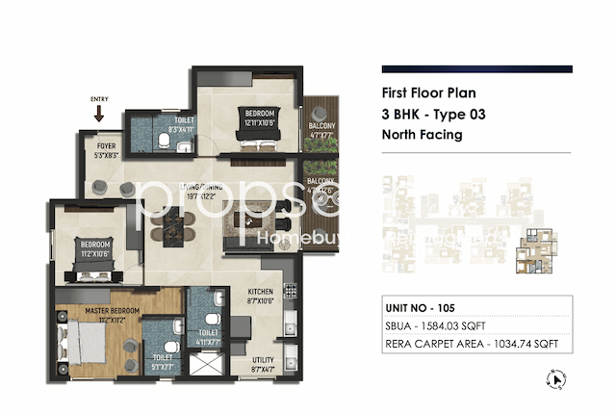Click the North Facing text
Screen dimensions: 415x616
pyautogui.click(x=423, y=135)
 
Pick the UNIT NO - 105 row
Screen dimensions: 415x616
pyautogui.click(x=476, y=309)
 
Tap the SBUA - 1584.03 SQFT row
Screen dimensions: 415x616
pyautogui.click(x=476, y=327)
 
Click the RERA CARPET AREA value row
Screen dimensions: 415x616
pyautogui.click(x=476, y=345)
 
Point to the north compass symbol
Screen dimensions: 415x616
pyautogui.click(x=556, y=380)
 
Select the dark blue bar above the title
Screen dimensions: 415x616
pyautogui.click(x=476, y=69)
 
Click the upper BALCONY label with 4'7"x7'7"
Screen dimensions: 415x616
pyautogui.click(x=321, y=131)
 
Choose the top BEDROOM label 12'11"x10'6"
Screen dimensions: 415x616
pyautogui.click(x=259, y=117)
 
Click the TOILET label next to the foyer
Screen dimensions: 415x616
pyautogui.click(x=182, y=124)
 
